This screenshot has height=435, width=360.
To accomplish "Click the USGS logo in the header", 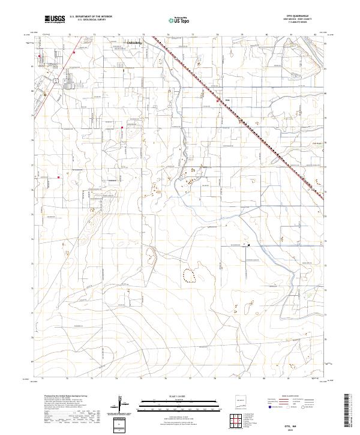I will pyautogui.click(x=55, y=19).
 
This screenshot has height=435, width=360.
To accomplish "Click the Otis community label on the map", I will pyautogui.click(x=227, y=100).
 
